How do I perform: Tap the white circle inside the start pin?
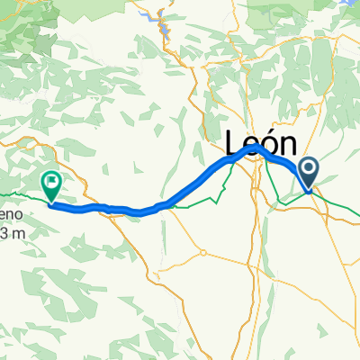[309, 168]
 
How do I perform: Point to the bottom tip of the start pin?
[309, 192]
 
